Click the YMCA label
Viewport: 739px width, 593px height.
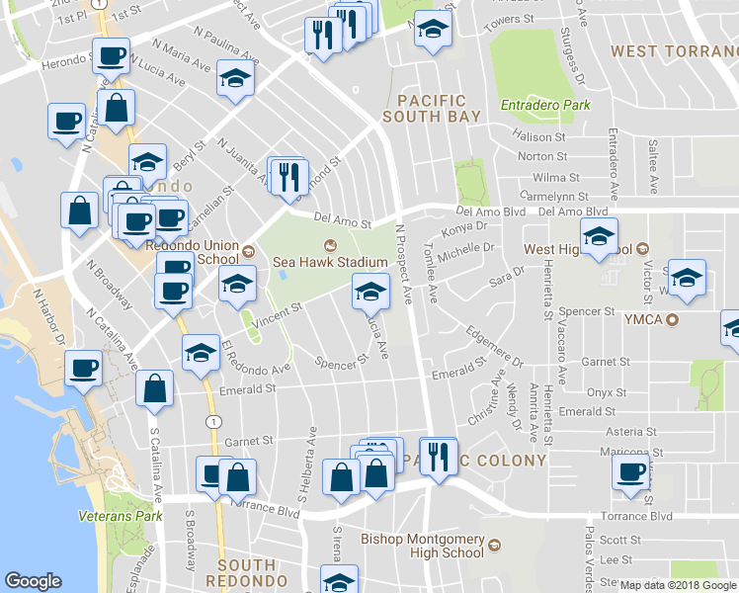pyautogui.click(x=642, y=319)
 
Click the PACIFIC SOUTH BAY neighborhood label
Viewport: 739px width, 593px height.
pyautogui.click(x=439, y=109)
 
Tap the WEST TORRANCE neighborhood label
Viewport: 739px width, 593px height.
pyautogui.click(x=674, y=50)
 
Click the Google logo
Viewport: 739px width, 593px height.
pyautogui.click(x=34, y=581)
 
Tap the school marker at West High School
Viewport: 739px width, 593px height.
pyautogui.click(x=598, y=237)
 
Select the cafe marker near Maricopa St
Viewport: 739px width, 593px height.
pyautogui.click(x=630, y=472)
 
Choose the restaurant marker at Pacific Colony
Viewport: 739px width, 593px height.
pyautogui.click(x=440, y=456)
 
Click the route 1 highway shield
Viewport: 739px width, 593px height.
pyautogui.click(x=213, y=421)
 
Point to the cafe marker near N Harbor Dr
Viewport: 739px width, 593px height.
pyautogui.click(x=83, y=367)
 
